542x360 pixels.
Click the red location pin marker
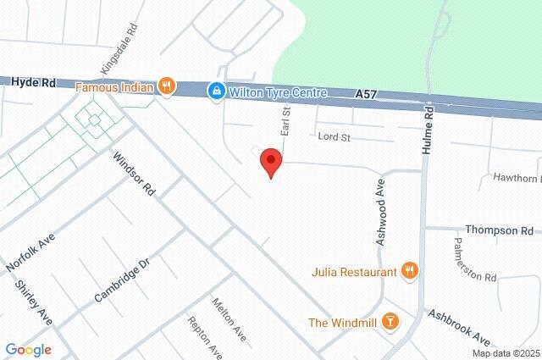click(x=270, y=162)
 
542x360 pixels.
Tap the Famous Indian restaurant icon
click(x=168, y=86)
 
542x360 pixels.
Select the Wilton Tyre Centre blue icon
click(x=217, y=89)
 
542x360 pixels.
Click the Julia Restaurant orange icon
click(x=410, y=271)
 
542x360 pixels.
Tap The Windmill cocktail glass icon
click(x=390, y=321)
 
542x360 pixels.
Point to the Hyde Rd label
click(x=34, y=82)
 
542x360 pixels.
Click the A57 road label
click(x=365, y=99)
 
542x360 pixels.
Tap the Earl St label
click(x=286, y=121)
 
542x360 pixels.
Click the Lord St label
click(x=333, y=136)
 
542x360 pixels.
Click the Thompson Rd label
click(x=499, y=230)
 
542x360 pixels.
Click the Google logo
click(x=28, y=350)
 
